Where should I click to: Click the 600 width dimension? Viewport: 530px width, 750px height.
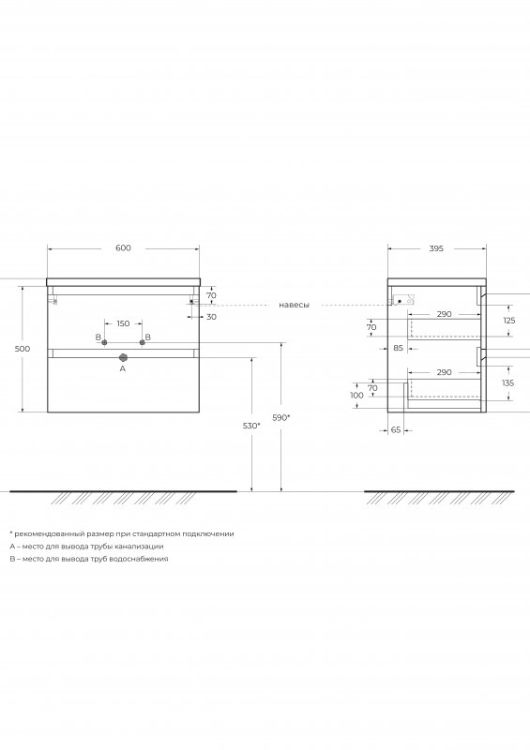[x=123, y=247]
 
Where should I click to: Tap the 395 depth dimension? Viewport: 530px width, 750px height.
[x=436, y=248]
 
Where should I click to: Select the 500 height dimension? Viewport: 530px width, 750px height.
[x=23, y=349]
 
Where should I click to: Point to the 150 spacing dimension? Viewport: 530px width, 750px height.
[x=123, y=323]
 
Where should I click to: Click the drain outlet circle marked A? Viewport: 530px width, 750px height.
[x=123, y=357]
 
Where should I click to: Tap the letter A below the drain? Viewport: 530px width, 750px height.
[x=123, y=368]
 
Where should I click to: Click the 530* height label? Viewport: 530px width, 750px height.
[x=251, y=426]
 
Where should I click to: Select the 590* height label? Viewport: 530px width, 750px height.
[x=281, y=417]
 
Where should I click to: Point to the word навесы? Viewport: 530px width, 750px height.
[x=294, y=305]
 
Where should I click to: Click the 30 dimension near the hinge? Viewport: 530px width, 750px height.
[x=211, y=317]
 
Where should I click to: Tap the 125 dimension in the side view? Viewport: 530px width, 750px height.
[x=509, y=321]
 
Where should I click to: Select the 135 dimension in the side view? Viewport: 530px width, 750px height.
[x=508, y=382]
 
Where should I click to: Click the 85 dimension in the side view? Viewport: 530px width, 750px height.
[x=399, y=348]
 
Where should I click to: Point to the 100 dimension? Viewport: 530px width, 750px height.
[x=356, y=395]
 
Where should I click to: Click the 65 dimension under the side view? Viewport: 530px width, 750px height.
[x=396, y=430]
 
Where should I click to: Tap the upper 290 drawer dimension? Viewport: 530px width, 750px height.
[x=445, y=314]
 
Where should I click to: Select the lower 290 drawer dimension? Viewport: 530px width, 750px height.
[x=445, y=372]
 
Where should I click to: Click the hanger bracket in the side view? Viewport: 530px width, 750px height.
[x=403, y=300]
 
